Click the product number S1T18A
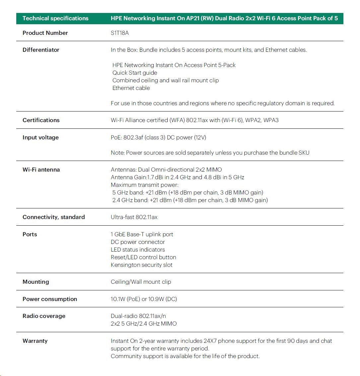click(120, 33)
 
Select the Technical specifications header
click(55, 18)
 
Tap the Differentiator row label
click(41, 50)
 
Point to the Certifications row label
click(41, 120)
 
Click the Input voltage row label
click(40, 137)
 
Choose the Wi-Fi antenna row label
click(41, 170)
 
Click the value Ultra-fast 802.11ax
click(134, 217)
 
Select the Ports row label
click(30, 234)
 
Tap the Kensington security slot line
click(142, 265)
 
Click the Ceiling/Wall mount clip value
click(141, 282)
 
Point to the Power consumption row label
click(50, 299)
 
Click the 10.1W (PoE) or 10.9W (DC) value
click(144, 299)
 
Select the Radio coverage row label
click(44, 316)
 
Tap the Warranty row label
click(35, 341)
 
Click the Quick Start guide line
click(135, 73)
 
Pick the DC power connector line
click(138, 242)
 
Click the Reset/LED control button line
click(143, 257)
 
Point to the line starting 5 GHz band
click(187, 192)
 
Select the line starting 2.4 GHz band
click(190, 200)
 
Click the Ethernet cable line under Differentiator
click(131, 88)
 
